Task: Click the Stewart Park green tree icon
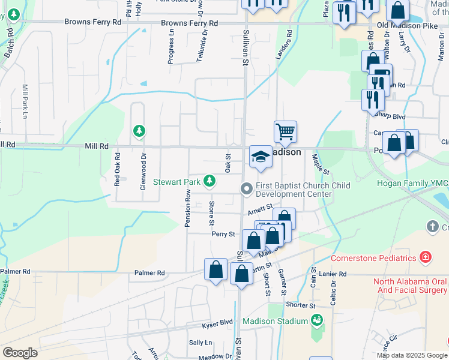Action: [x=209, y=180]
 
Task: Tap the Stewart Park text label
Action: [x=177, y=181]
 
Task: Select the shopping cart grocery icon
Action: [x=285, y=131]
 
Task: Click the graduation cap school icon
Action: [x=260, y=157]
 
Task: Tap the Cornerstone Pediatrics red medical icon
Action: [x=425, y=257]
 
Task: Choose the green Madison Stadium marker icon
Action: [x=317, y=320]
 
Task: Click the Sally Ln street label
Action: [x=200, y=342]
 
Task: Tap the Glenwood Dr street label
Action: [x=143, y=175]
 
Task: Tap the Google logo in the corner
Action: [x=20, y=353]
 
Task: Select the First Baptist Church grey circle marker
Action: [x=246, y=189]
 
